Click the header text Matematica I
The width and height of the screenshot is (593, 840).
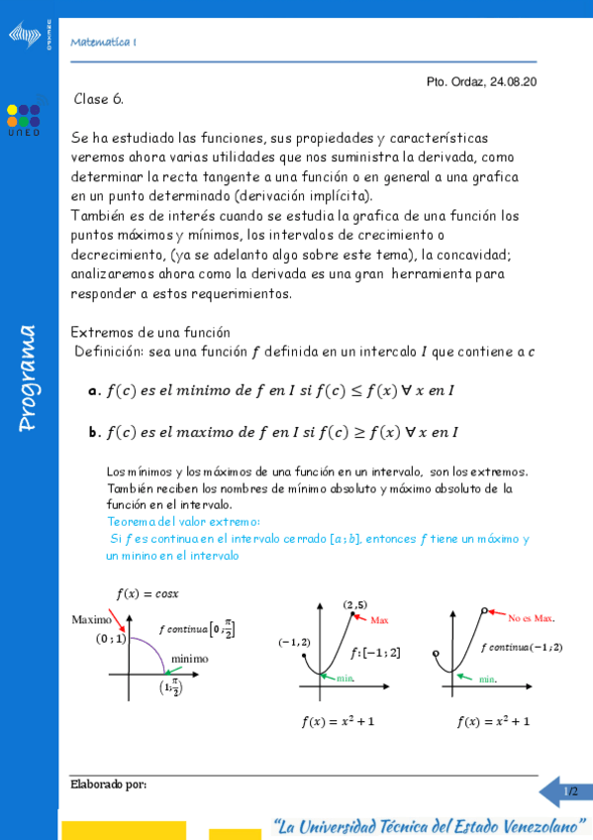pos(104,42)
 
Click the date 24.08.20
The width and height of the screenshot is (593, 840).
pos(513,83)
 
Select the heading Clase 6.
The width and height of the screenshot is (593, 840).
pos(98,99)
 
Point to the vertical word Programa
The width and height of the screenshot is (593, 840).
pos(27,377)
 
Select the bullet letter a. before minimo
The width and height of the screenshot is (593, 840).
pos(94,391)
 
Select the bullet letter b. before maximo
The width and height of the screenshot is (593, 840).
pos(94,432)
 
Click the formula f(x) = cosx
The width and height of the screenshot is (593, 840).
pos(148,594)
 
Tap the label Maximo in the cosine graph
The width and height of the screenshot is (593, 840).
pos(91,620)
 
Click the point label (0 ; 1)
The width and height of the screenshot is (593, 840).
pos(110,639)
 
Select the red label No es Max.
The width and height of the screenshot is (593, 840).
pos(531,618)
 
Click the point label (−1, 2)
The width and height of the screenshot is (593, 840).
pos(294,642)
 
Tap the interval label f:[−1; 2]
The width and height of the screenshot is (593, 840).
pos(375,652)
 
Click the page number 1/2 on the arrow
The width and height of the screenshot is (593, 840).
pos(570,791)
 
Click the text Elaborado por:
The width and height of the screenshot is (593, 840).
pos(108,785)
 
